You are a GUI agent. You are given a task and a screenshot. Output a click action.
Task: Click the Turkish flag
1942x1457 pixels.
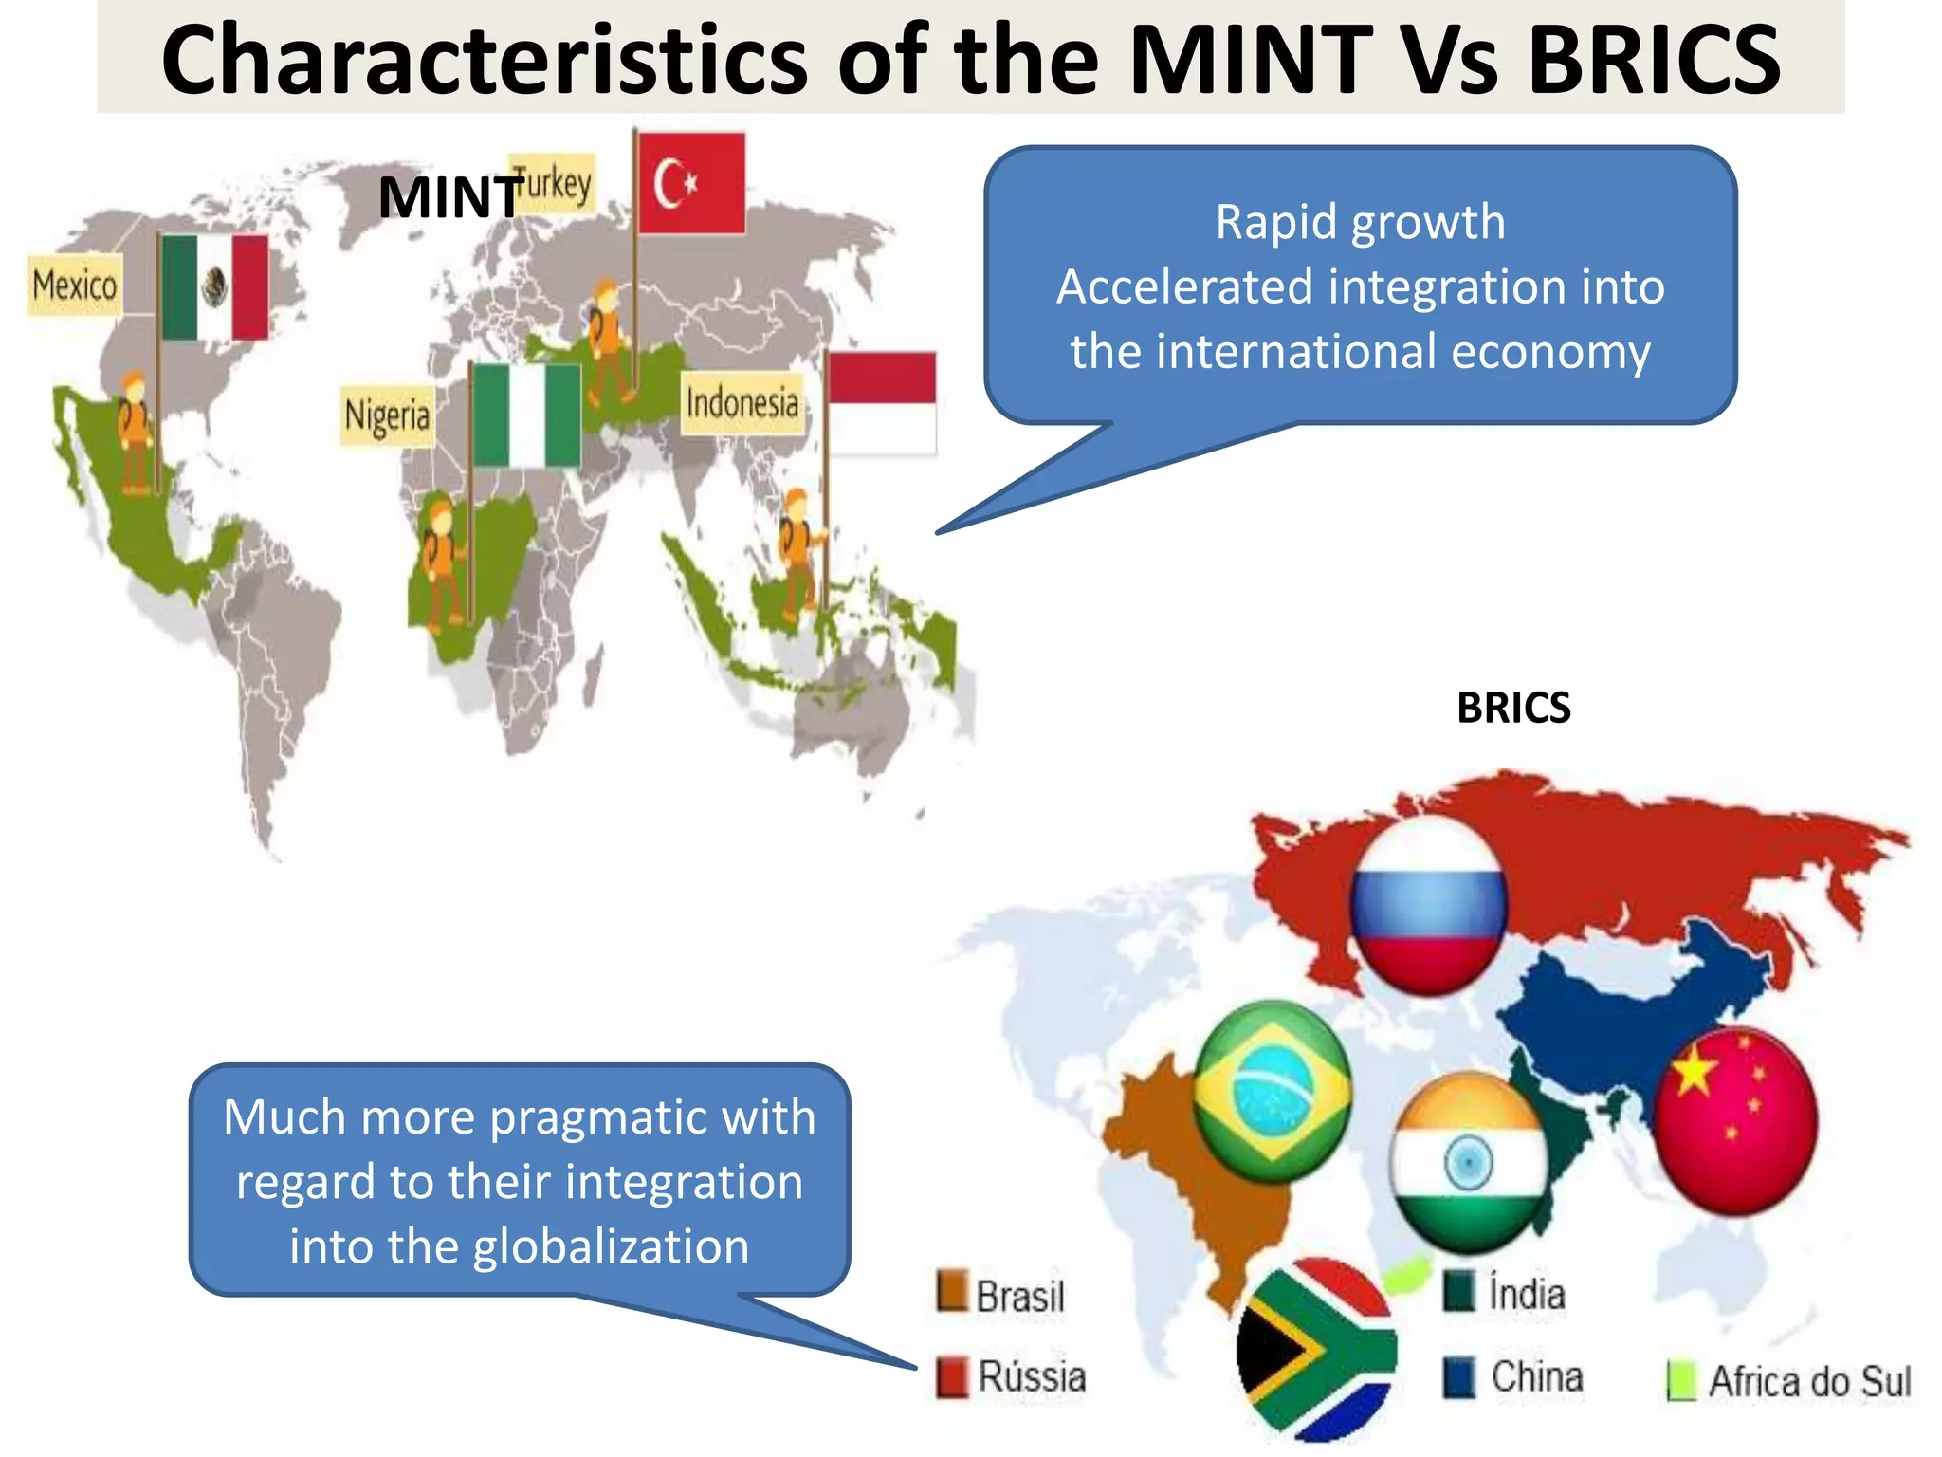[690, 183]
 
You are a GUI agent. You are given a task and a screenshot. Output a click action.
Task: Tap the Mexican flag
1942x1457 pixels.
[214, 287]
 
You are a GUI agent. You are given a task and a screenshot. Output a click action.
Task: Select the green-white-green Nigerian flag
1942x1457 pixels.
[526, 415]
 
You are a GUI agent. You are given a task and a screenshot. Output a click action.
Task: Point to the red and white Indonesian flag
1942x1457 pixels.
[881, 402]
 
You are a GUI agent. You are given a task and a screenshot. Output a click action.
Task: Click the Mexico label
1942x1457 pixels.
[75, 285]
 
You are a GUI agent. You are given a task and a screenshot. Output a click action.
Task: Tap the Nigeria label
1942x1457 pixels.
[388, 415]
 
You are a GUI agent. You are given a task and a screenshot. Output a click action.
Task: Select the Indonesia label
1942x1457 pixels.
[742, 403]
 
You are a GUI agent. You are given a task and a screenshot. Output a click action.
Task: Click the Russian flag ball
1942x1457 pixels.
[1428, 905]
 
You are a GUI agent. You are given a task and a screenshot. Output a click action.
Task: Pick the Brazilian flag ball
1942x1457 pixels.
[1272, 1091]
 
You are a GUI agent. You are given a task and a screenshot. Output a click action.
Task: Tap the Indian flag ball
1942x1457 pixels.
[1468, 1162]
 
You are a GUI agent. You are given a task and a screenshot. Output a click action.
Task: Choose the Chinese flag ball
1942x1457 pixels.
[1735, 1119]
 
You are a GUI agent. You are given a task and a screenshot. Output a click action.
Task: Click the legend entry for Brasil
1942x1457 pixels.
[1003, 1295]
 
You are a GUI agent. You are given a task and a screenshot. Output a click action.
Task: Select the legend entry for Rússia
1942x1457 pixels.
[1012, 1376]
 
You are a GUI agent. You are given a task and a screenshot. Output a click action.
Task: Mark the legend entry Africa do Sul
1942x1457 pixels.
[1790, 1381]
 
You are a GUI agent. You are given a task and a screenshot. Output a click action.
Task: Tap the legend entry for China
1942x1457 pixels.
[1515, 1376]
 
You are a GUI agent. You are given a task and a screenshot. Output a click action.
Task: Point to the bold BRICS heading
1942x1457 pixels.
[1513, 708]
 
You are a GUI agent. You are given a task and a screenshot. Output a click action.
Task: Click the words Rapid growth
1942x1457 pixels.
[1360, 223]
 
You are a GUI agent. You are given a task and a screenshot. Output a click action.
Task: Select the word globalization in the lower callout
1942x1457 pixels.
[611, 1246]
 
